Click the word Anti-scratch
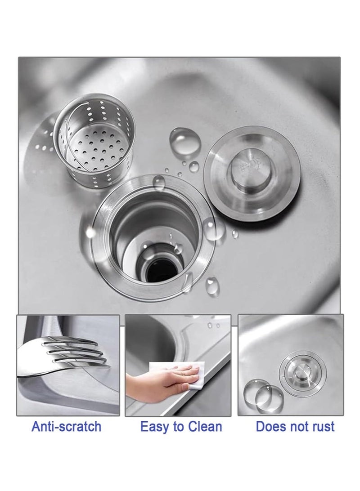tap(67, 427)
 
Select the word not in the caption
tap(297, 427)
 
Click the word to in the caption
tap(178, 427)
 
